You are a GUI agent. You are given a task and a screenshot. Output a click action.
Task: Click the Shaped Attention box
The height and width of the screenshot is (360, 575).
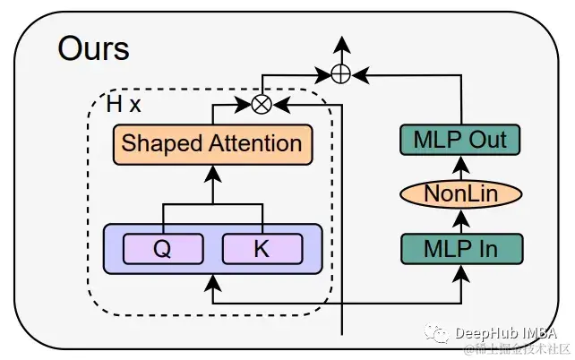[x=212, y=144]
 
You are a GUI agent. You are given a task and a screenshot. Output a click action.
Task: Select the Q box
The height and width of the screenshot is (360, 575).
[x=161, y=249]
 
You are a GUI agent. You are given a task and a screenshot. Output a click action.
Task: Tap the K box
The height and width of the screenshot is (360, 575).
[x=262, y=249]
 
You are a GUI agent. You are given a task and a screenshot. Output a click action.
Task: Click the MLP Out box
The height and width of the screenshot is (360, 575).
[x=460, y=140]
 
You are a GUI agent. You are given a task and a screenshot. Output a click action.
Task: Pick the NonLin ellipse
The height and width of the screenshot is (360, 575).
[x=460, y=193]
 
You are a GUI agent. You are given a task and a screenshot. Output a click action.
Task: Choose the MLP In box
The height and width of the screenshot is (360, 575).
[x=460, y=246]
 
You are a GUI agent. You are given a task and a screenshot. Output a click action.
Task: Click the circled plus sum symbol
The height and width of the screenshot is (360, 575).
[x=340, y=74]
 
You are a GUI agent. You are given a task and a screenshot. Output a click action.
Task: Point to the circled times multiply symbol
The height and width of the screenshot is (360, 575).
[x=261, y=105]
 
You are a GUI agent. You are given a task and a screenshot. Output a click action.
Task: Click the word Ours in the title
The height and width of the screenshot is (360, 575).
[x=94, y=48]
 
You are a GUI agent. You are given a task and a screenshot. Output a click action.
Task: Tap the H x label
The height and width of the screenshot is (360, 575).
[x=124, y=105]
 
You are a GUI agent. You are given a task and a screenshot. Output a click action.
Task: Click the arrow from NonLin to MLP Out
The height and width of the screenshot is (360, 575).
[x=460, y=167]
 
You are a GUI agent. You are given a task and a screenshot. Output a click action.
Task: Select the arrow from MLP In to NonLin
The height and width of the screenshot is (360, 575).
[x=460, y=219]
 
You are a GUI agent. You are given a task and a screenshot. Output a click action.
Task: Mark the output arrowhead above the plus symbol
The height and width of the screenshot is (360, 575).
[x=340, y=45]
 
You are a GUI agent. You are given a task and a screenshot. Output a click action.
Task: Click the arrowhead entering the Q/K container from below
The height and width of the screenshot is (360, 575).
[x=212, y=281]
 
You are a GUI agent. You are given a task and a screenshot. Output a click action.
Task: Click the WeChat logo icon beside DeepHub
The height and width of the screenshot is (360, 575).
[x=439, y=334]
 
